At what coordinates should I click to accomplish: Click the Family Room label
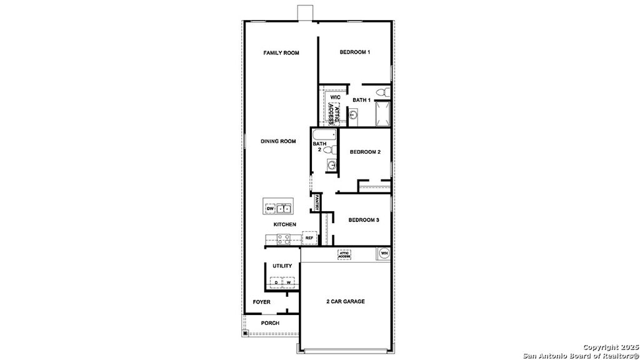click(281, 53)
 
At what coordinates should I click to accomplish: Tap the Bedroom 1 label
click(355, 52)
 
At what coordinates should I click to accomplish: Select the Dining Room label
click(278, 141)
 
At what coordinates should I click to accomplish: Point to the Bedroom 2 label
click(365, 152)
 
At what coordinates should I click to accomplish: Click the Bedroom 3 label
click(364, 220)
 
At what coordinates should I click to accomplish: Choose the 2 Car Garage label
click(345, 301)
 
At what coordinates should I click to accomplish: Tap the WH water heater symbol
click(384, 253)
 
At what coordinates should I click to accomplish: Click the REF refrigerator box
click(309, 238)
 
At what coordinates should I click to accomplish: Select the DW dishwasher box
click(270, 208)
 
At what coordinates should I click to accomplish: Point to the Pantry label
click(317, 203)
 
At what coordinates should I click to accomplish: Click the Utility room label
click(282, 266)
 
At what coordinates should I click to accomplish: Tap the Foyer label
click(261, 302)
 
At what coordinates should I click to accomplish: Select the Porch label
click(270, 323)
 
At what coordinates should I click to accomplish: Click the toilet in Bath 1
click(386, 94)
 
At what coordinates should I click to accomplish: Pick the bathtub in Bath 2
click(324, 135)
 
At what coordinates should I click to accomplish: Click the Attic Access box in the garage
click(344, 254)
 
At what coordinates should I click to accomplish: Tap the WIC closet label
click(335, 97)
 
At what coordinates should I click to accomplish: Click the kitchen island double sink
click(285, 208)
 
